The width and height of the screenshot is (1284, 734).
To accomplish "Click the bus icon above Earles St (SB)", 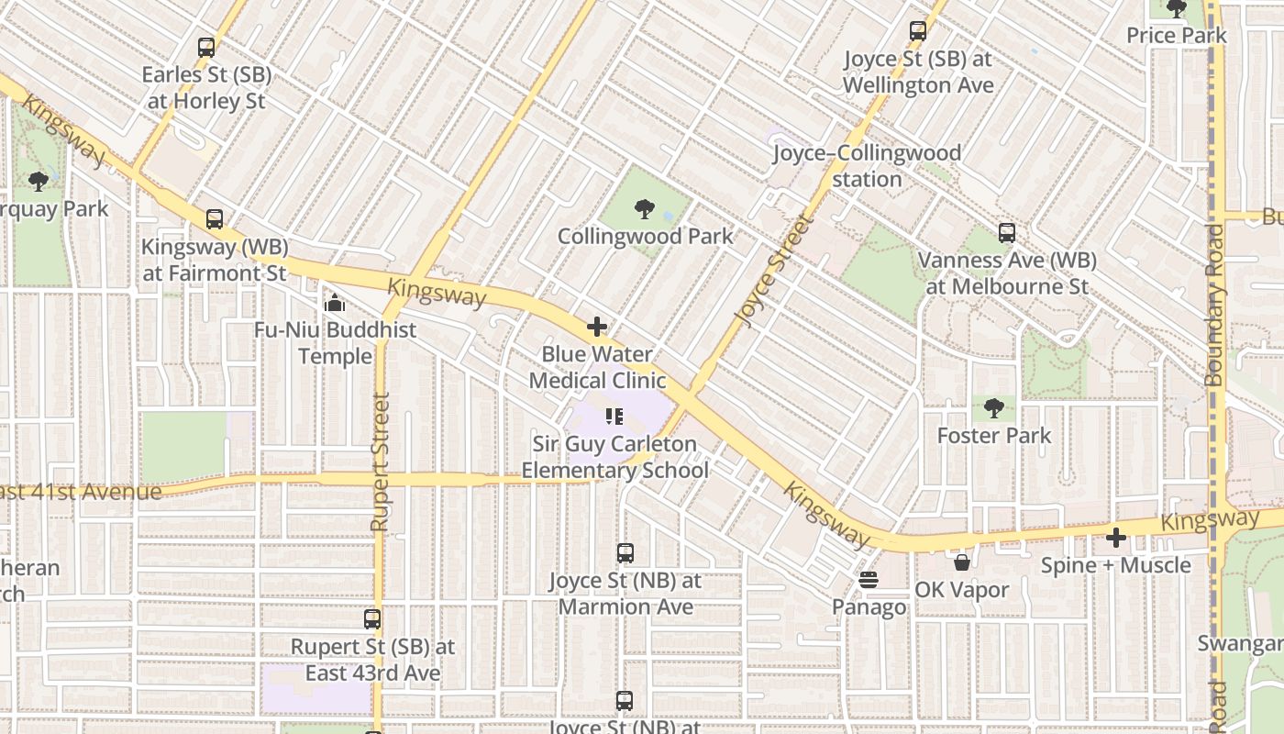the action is click(x=206, y=48).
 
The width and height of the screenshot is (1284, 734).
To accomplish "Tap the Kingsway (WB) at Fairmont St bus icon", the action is click(x=215, y=219).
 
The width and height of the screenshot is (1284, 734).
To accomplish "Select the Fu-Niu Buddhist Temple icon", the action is click(x=335, y=302).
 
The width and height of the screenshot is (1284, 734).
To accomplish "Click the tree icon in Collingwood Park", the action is click(x=645, y=209).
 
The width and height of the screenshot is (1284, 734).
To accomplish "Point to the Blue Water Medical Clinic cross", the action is click(x=597, y=327).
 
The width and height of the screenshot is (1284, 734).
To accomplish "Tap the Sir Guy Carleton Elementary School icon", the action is click(x=614, y=417).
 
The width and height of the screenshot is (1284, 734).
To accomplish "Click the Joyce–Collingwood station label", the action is click(x=867, y=165).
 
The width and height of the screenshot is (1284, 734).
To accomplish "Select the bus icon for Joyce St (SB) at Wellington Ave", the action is click(x=918, y=31).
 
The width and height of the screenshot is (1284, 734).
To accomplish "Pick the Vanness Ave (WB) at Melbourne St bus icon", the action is click(x=1007, y=233).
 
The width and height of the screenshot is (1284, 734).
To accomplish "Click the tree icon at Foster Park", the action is click(x=993, y=407).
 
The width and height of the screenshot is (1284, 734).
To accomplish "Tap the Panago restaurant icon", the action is click(x=869, y=580).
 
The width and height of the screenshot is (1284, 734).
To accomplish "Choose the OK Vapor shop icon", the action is click(x=962, y=562).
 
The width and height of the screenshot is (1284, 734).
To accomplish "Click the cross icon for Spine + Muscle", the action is click(x=1116, y=538).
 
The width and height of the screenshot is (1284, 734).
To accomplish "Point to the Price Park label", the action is click(x=1177, y=36).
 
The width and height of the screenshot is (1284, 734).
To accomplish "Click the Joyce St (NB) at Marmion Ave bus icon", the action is click(x=625, y=553).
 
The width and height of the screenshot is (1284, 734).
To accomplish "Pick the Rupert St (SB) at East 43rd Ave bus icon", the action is click(x=372, y=619).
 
